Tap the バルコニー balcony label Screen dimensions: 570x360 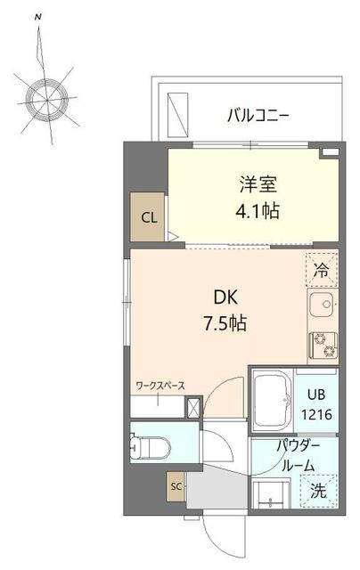click(258, 115)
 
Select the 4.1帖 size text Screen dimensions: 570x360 click(258, 213)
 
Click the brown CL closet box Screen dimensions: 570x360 click(147, 216)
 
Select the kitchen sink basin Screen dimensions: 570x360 click(321, 307)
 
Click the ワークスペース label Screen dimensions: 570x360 click(160, 386)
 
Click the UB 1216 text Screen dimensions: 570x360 click(318, 404)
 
